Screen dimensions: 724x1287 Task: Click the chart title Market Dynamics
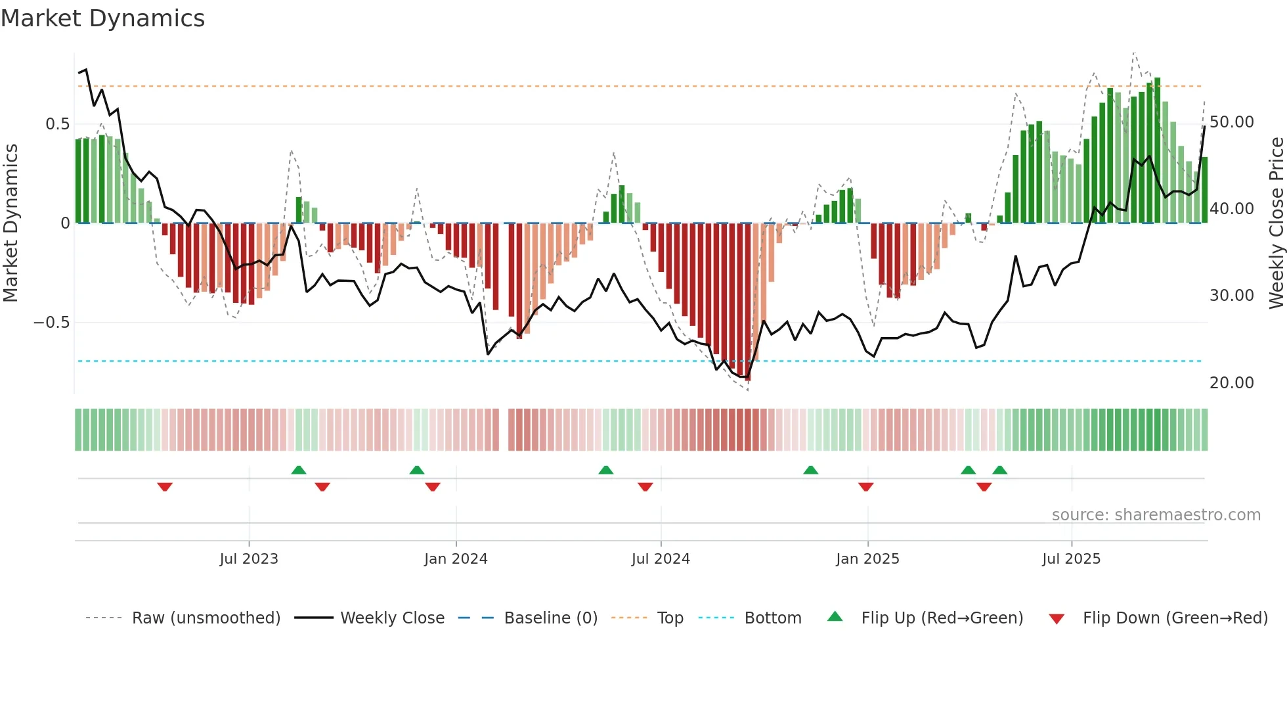pos(102,18)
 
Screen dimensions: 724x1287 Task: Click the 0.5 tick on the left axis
pos(57,124)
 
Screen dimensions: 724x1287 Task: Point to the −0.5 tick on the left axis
pos(51,323)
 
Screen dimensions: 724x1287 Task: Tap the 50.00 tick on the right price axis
pos(1231,122)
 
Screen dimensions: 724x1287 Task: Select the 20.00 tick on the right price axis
pos(1231,383)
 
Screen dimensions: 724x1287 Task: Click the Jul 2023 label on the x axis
pos(249,559)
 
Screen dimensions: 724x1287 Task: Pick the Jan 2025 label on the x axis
pos(867,559)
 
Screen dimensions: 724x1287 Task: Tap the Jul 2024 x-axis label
pos(661,559)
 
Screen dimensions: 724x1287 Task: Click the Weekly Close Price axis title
pos(1276,223)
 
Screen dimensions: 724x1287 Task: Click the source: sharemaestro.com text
pos(1156,515)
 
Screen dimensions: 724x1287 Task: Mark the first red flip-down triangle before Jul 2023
pos(165,487)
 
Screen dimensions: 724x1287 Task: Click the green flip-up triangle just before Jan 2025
pos(811,470)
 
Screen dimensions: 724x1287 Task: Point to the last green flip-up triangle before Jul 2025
pos(999,470)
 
